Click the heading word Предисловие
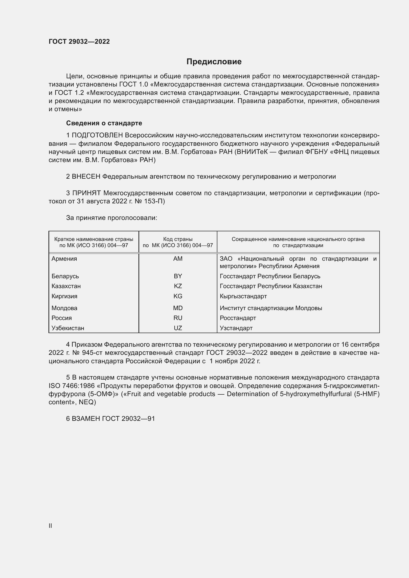coord(214,62)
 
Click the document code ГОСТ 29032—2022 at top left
coord(79,42)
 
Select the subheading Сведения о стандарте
coord(104,123)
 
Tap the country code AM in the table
coord(178,259)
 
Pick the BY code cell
coord(178,276)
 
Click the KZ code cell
coord(178,286)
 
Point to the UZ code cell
coord(178,328)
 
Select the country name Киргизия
coord(64,296)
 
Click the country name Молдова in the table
coord(64,308)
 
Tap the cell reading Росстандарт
coord(238,318)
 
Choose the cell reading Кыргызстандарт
coord(243,296)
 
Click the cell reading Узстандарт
coord(236,328)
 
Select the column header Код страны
coord(178,239)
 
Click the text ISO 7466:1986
coord(71,386)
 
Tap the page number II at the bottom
coord(50,526)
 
